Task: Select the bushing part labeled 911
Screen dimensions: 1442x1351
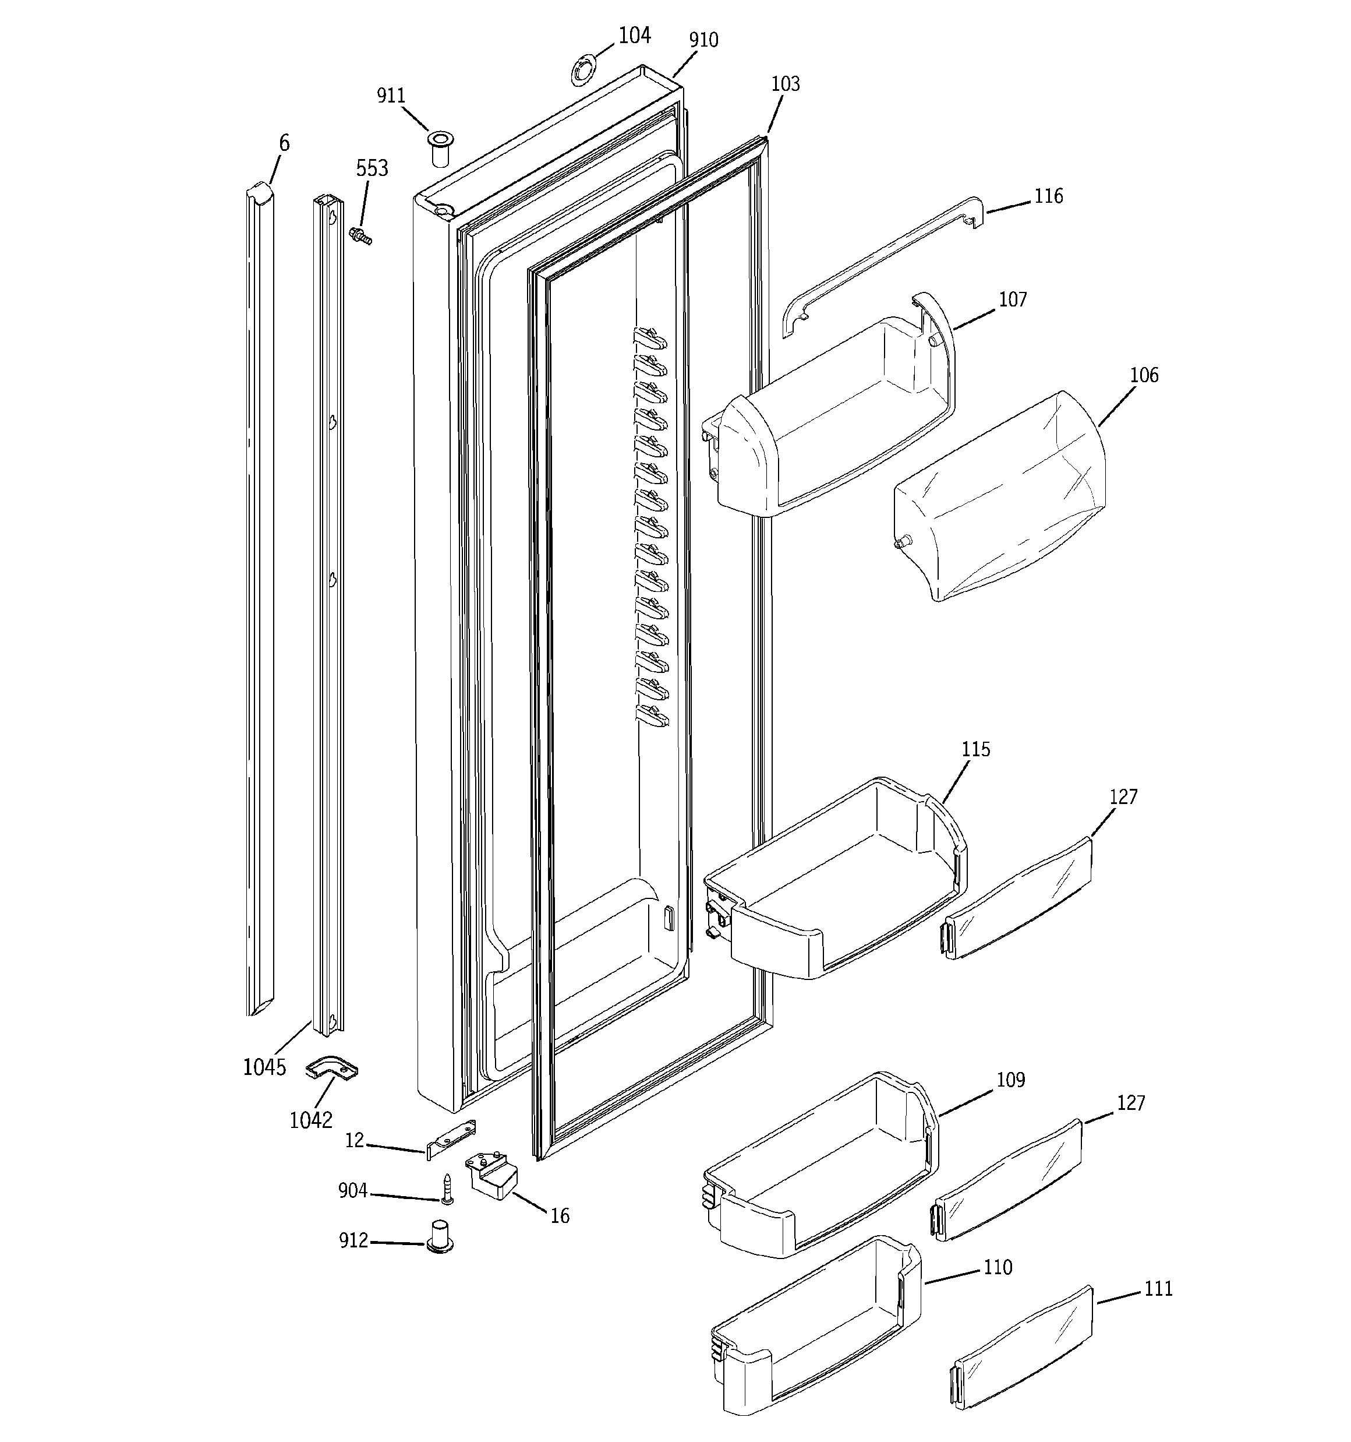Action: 438,149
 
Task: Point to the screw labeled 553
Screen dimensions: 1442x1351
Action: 360,236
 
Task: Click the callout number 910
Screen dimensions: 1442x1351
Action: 703,40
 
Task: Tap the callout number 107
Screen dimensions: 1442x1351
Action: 1012,299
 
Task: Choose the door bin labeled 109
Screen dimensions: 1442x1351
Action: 819,1168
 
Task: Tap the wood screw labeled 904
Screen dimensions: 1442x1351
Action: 447,1190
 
